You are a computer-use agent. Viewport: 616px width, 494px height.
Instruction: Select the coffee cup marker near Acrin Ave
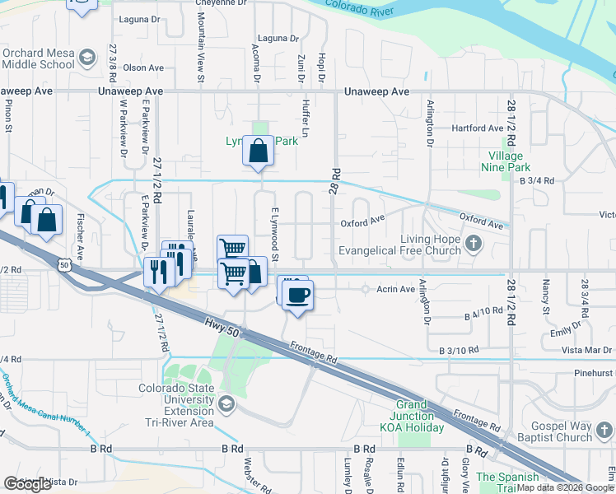click(x=297, y=294)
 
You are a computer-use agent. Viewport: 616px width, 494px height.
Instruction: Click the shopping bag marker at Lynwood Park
click(x=259, y=151)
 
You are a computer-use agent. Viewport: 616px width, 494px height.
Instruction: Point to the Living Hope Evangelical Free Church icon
click(x=473, y=243)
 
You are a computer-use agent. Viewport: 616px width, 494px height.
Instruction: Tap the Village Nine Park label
click(x=506, y=161)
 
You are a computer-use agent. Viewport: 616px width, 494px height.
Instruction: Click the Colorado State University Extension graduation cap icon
click(x=226, y=404)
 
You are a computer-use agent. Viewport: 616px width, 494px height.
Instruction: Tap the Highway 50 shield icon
click(x=65, y=263)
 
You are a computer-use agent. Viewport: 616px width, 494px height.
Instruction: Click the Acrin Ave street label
click(x=395, y=289)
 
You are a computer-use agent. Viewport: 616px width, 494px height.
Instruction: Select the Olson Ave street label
click(x=143, y=68)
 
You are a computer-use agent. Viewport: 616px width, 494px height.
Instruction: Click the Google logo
click(x=27, y=484)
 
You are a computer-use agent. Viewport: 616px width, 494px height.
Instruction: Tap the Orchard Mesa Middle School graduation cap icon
click(x=86, y=59)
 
